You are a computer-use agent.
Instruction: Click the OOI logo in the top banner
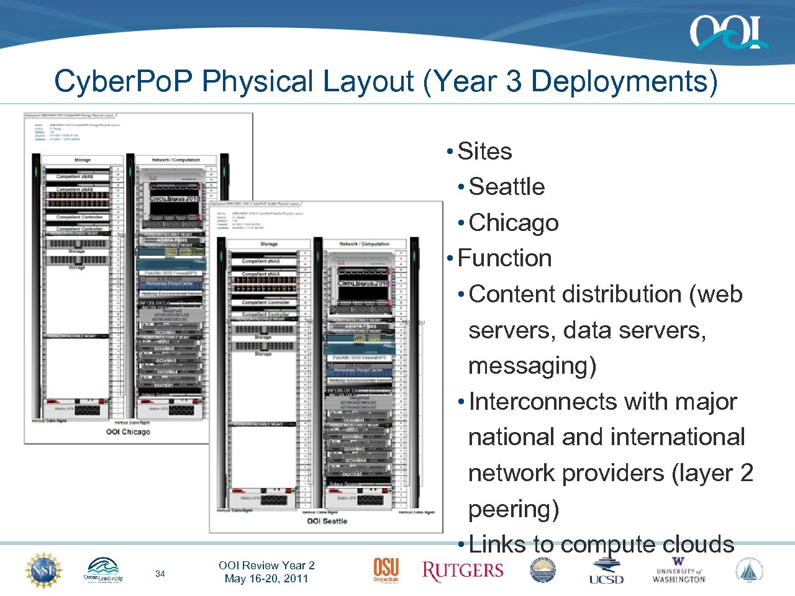tap(728, 32)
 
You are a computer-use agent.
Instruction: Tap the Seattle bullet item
tap(506, 187)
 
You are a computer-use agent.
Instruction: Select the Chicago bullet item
tap(514, 223)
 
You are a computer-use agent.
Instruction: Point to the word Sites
tap(484, 151)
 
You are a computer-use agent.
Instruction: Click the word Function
tap(504, 258)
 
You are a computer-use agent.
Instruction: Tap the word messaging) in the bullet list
tap(532, 366)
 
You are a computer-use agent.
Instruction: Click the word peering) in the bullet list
tap(514, 509)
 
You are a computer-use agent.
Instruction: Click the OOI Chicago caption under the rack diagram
tap(128, 431)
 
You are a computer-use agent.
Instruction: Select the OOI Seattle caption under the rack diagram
tap(327, 521)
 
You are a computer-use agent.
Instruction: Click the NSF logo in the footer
tap(43, 571)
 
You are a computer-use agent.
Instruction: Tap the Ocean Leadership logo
tap(103, 571)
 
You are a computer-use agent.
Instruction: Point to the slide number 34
tap(160, 574)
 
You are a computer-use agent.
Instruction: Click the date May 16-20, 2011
tap(266, 579)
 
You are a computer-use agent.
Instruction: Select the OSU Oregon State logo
tap(386, 570)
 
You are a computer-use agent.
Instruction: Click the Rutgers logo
tap(463, 571)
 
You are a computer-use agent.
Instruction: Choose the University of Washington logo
tap(678, 572)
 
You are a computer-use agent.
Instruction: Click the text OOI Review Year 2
tap(266, 565)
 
